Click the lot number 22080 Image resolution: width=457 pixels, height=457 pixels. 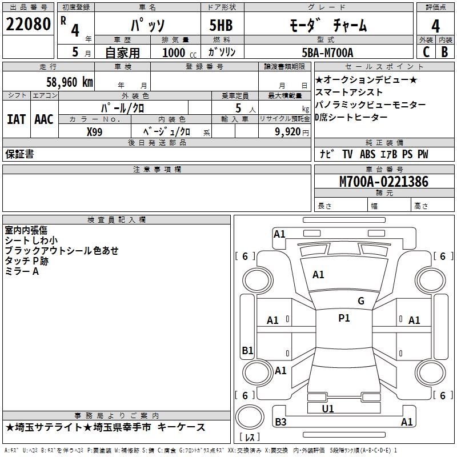28,24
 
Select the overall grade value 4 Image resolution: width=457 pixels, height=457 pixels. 435,26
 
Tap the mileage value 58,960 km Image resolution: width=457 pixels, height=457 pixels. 70,82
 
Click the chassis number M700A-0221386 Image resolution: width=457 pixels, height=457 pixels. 384,182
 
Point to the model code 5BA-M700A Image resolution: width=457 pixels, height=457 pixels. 327,53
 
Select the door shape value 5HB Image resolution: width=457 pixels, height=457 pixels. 221,25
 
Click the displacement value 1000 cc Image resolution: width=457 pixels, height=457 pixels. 179,53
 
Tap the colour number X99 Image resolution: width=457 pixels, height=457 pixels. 94,132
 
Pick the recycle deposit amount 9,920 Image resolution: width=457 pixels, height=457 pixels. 288,132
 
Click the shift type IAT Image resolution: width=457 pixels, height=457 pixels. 17,119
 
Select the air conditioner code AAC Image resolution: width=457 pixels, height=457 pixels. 44,119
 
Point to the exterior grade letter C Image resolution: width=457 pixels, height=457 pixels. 426,52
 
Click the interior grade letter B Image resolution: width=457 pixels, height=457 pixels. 444,52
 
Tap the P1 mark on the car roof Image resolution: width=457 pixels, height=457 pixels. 344,318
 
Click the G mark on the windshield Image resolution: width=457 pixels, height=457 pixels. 361,301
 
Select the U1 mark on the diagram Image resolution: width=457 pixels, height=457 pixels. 328,408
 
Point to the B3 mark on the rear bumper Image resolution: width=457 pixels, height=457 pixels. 280,422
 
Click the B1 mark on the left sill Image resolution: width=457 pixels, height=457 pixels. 247,350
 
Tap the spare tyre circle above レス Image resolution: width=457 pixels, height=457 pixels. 250,417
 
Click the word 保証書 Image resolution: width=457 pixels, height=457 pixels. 19,154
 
